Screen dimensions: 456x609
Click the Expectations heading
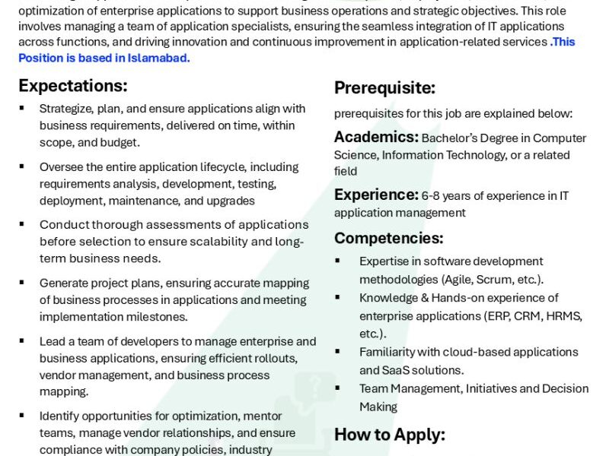(x=73, y=85)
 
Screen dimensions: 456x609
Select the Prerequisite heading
(x=384, y=88)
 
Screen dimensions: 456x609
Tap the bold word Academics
(x=376, y=137)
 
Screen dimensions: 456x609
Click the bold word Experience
(x=376, y=195)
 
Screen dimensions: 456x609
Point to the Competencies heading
(x=388, y=238)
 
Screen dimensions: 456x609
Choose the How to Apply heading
(x=389, y=435)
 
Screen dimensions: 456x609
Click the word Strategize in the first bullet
(x=65, y=109)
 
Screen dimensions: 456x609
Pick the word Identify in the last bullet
(x=62, y=416)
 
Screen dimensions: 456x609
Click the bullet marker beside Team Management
(x=337, y=388)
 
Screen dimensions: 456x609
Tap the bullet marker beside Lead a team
(x=22, y=341)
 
